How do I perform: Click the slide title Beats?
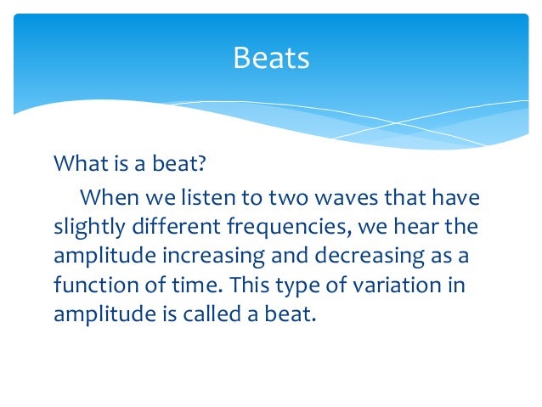[x=271, y=59]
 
